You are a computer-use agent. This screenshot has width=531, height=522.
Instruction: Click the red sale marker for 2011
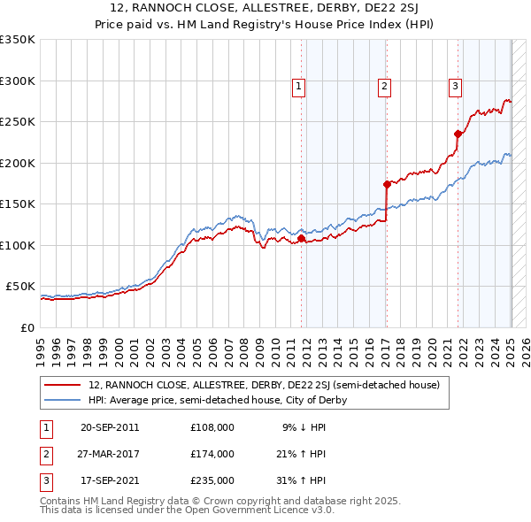click(302, 238)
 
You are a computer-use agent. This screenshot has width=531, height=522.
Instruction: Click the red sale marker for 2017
click(387, 184)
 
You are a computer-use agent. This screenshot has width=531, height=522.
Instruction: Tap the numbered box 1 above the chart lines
click(299, 87)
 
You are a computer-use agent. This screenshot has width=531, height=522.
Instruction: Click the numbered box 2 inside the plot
click(385, 87)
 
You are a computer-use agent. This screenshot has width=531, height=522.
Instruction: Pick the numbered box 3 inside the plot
click(455, 87)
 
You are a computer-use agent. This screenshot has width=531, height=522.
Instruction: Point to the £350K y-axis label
click(18, 40)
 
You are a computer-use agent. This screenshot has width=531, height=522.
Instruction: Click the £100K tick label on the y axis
click(18, 245)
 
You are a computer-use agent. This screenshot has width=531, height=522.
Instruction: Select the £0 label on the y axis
click(27, 327)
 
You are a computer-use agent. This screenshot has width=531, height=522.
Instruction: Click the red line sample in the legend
click(63, 385)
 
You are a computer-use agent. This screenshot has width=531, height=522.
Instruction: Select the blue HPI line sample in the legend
click(63, 400)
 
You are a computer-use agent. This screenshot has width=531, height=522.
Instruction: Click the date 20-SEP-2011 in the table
click(110, 427)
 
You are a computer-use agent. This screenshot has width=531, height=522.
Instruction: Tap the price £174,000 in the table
click(212, 454)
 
